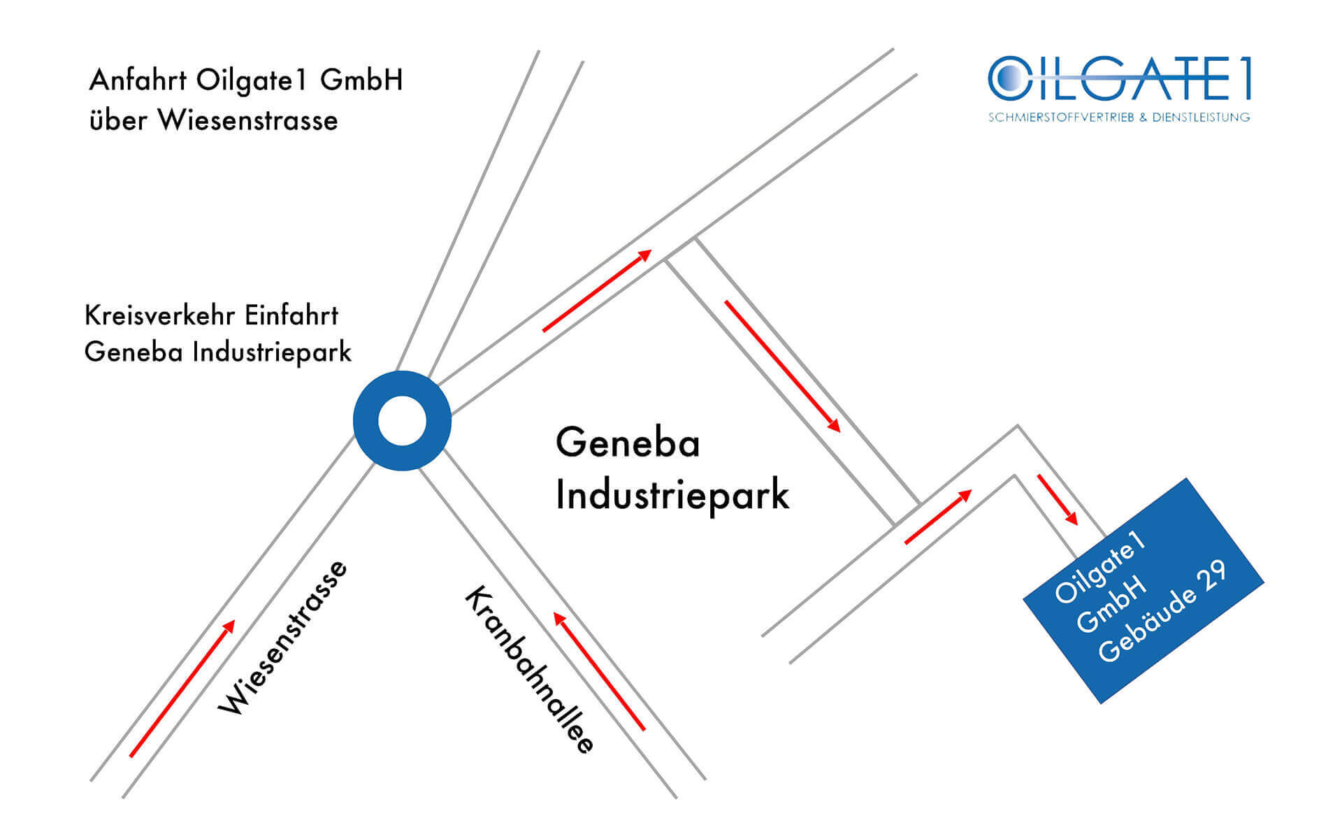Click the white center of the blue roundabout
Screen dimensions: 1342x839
402,421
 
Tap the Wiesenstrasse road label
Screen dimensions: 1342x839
282,637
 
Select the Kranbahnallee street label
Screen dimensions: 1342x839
530,669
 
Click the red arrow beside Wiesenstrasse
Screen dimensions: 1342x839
182,688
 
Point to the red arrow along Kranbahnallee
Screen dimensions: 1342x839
599,671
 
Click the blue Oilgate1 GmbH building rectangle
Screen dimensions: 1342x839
1143,591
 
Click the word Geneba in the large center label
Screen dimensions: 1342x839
628,443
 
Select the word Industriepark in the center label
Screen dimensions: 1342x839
672,495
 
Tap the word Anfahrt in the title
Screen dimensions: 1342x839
138,80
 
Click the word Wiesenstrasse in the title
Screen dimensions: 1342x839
247,120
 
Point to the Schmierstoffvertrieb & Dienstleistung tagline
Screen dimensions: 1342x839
1119,117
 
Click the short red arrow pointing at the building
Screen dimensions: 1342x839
1058,500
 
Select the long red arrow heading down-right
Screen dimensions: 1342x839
782,366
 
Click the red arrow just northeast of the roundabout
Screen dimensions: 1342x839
597,290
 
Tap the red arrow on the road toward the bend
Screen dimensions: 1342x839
938,517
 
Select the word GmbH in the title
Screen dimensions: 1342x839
361,80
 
